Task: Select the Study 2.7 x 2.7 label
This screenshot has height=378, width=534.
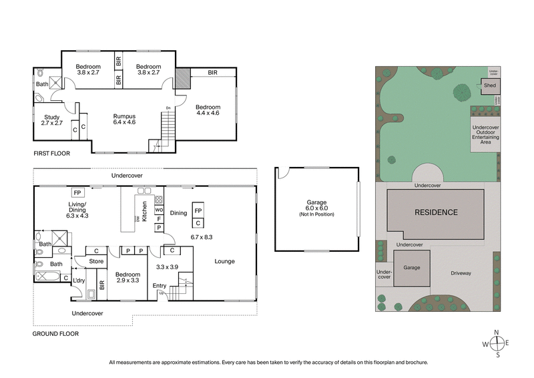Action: click(x=52, y=120)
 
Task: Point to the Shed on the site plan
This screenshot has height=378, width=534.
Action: click(x=489, y=85)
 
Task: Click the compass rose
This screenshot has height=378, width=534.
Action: click(x=497, y=343)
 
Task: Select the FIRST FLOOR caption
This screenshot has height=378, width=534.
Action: click(x=51, y=153)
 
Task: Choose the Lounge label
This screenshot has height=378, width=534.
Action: click(x=224, y=261)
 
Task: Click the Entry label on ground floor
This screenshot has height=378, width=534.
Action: click(x=160, y=286)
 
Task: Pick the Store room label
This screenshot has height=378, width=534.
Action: click(x=97, y=262)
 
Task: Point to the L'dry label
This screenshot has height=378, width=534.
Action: click(x=79, y=280)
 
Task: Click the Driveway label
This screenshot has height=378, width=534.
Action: click(x=461, y=273)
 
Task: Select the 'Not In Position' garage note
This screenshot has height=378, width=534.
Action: click(x=317, y=214)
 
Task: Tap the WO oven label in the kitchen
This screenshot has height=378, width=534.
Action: click(x=159, y=210)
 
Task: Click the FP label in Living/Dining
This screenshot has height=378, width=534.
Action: click(x=77, y=192)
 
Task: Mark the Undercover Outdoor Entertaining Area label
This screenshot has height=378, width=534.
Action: click(x=490, y=134)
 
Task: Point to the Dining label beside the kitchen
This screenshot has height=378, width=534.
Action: click(x=178, y=213)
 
